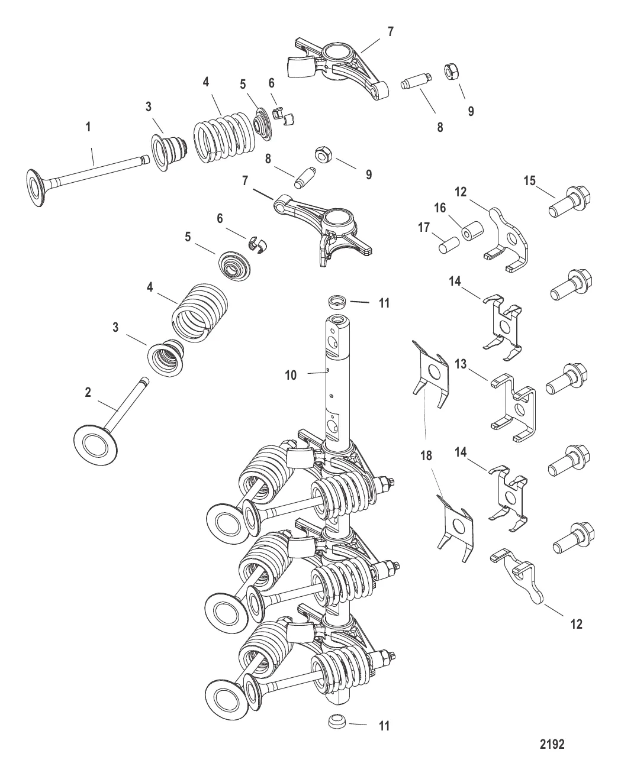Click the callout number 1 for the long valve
click(88, 127)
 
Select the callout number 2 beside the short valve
click(88, 392)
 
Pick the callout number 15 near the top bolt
click(530, 180)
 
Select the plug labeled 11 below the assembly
click(338, 723)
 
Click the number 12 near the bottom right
click(576, 624)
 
